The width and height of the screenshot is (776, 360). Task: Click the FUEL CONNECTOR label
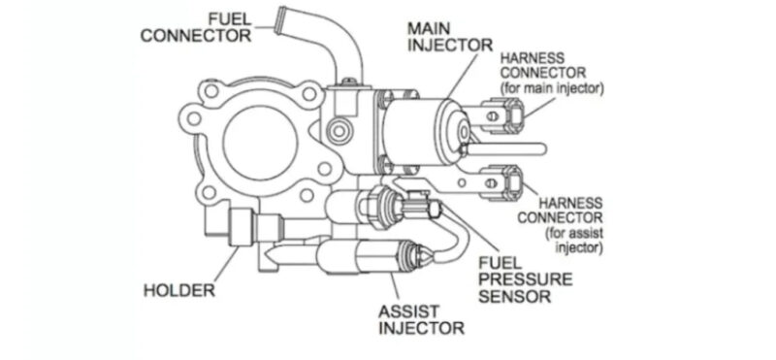tap(196, 27)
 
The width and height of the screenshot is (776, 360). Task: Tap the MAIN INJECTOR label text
tap(450, 37)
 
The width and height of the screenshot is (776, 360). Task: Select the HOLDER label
tap(179, 290)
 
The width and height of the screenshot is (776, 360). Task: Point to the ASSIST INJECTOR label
tap(421, 320)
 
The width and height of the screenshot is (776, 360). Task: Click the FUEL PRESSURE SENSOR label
tap(525, 279)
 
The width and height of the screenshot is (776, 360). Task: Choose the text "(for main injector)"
tap(552, 89)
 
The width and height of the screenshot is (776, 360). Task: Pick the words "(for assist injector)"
tap(574, 239)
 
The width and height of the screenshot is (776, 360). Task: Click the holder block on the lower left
tap(241, 227)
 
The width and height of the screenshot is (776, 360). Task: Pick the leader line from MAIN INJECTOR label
tap(462, 77)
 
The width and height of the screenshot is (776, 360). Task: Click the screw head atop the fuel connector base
tap(349, 80)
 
